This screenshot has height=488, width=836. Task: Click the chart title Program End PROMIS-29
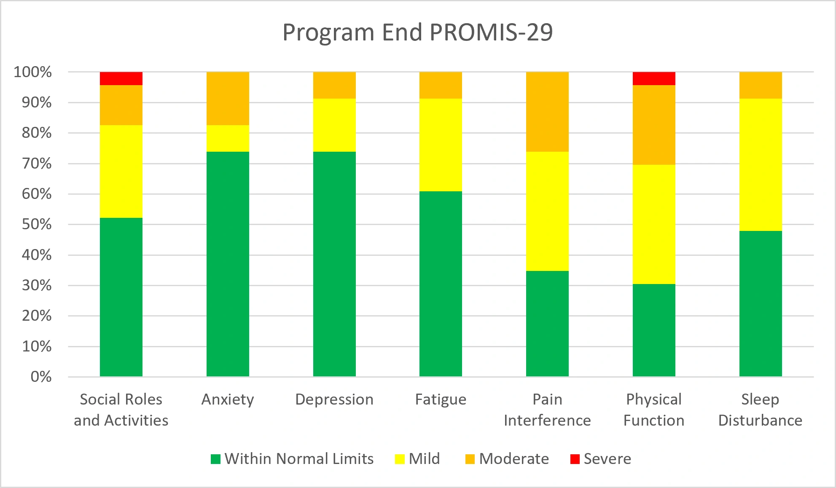coord(417,32)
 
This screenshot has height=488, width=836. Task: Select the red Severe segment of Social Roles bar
coord(121,79)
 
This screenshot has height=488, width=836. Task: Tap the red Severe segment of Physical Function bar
coord(654,79)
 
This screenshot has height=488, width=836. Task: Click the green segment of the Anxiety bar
coord(228,264)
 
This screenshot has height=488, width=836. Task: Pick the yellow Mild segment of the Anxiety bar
coord(228,138)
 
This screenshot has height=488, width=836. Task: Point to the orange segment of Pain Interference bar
coord(547,112)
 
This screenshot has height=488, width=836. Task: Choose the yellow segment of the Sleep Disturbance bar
coord(761,165)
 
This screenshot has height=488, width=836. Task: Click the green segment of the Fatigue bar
coord(441,284)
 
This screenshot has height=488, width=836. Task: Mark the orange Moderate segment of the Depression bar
coord(334,85)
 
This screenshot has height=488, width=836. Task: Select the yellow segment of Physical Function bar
coord(654,224)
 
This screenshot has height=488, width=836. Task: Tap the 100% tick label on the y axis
coord(33,72)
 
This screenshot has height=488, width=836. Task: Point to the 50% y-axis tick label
coord(37,224)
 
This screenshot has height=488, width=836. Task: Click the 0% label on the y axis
coord(41,376)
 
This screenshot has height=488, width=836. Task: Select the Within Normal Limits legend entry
coord(292,459)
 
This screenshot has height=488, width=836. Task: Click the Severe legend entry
coord(601,459)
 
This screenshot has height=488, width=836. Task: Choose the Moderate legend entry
coord(507,459)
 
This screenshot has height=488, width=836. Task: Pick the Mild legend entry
coord(417,459)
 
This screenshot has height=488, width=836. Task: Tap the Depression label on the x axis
coord(334,399)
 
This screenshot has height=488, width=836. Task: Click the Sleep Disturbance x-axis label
coord(761,410)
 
